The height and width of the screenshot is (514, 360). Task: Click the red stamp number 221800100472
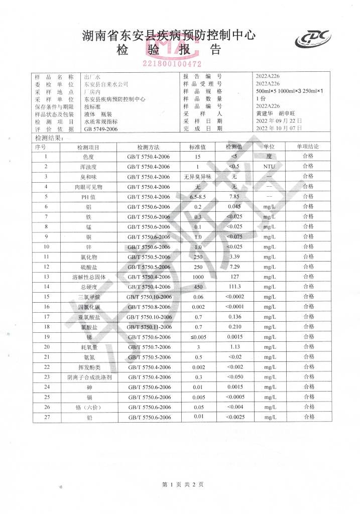point(172,64)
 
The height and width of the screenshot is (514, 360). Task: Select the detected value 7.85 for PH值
point(233,196)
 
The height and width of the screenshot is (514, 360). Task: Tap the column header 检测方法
point(148,147)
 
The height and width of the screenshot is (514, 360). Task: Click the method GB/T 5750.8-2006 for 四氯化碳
point(149,307)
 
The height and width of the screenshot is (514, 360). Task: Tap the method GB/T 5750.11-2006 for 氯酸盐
point(149,327)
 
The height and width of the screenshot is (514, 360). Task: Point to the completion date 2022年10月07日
point(279,128)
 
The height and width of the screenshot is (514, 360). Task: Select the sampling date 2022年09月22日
point(279,121)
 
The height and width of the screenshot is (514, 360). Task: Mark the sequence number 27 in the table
point(46,417)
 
